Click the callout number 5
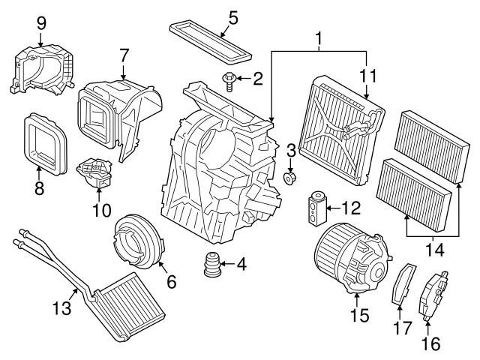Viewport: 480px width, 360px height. pyautogui.click(x=232, y=16)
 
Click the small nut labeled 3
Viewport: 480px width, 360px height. pyautogui.click(x=292, y=180)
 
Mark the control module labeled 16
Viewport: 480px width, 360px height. pyautogui.click(x=434, y=295)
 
